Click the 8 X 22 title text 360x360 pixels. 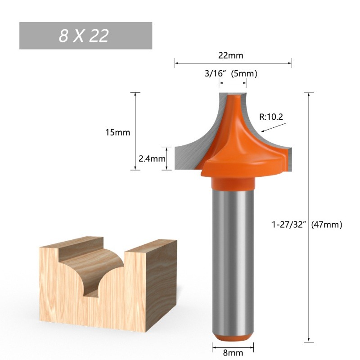point(84,36)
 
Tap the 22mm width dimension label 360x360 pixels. point(230,55)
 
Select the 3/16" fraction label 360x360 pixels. point(216,74)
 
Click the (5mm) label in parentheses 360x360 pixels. point(244,74)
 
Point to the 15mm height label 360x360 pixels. point(117,132)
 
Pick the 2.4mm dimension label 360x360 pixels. point(152,159)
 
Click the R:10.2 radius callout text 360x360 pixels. point(271,117)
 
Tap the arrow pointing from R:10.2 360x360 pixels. point(274,128)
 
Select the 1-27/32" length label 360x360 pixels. point(289,224)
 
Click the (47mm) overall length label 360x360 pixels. point(327,224)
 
